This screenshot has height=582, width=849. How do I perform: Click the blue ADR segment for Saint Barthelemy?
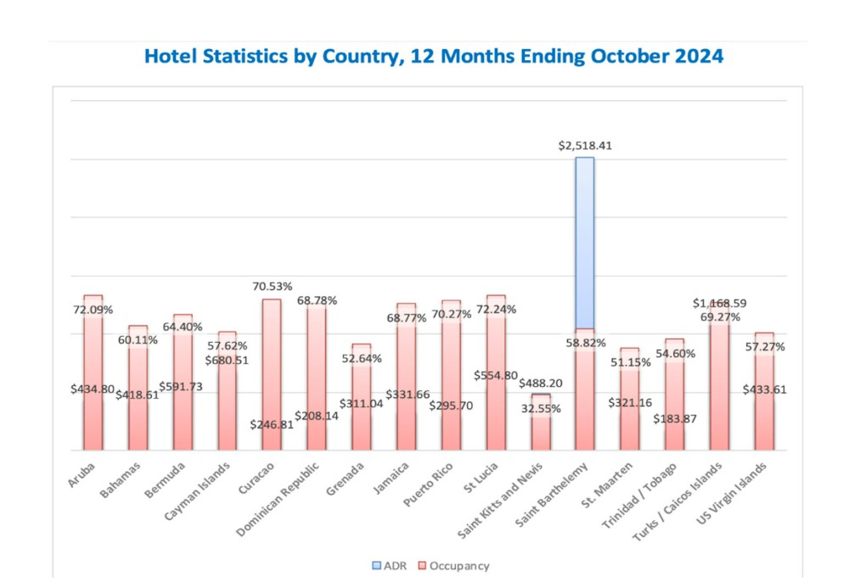[x=585, y=242]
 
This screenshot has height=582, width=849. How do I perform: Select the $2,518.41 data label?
[x=585, y=145]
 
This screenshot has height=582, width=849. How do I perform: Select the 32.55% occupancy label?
[x=541, y=408]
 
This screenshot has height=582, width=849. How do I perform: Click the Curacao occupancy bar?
[x=271, y=373]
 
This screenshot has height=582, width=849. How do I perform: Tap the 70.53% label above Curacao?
[x=271, y=287]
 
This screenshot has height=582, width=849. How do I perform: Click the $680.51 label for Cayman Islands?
[x=226, y=360]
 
